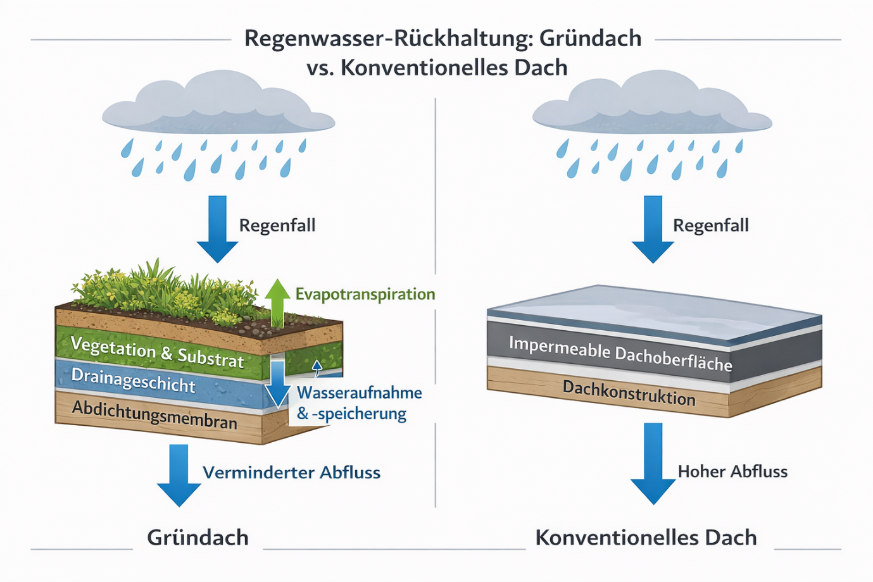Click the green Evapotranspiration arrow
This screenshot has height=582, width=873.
tap(277, 302)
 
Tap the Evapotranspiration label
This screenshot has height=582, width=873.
tap(365, 294)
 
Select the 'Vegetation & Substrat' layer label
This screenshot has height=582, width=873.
tap(157, 352)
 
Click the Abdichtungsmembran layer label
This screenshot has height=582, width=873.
tap(154, 414)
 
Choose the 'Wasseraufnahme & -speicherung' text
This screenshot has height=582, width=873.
tap(359, 403)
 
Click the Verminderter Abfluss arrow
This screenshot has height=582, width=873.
tap(179, 474)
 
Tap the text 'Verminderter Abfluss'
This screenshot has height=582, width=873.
tap(291, 473)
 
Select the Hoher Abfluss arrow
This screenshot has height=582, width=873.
tap(653, 462)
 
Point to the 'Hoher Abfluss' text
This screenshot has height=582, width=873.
tap(732, 471)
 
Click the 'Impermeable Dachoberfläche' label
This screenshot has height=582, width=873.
tap(620, 353)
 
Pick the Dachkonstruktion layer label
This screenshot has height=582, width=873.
tap(629, 392)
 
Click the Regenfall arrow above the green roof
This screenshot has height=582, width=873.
tap(217, 228)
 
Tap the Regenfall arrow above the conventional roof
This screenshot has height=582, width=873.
tap(653, 228)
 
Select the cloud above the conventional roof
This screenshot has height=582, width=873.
tap(651, 104)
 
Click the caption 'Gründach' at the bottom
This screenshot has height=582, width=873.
tap(198, 538)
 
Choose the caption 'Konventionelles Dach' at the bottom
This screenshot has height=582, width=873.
tap(646, 538)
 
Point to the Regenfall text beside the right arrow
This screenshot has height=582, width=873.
tap(710, 226)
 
